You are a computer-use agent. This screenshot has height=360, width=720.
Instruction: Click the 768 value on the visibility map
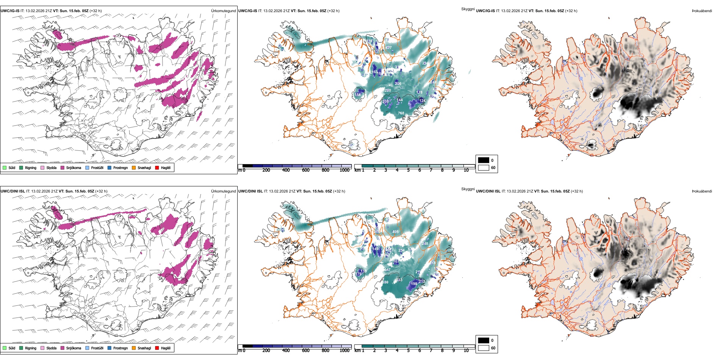pos(401,113)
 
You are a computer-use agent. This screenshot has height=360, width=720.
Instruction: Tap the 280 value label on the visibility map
pos(388,91)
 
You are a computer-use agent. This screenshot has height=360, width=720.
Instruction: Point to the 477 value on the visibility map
pos(389,48)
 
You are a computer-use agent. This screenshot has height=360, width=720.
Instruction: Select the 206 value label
pos(398,84)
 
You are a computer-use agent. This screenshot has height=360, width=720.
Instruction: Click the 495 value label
pos(395,232)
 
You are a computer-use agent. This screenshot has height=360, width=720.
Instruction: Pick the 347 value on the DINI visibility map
pos(387,270)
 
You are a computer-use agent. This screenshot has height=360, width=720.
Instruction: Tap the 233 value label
pos(399,280)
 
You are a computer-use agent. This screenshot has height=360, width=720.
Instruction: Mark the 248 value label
pos(425,244)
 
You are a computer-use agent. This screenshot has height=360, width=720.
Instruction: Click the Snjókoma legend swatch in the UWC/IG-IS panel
pos(63,168)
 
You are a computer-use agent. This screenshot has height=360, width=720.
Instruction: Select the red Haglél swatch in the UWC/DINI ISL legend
pos(157,348)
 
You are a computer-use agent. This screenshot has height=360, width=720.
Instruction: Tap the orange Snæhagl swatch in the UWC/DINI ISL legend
pos(134,348)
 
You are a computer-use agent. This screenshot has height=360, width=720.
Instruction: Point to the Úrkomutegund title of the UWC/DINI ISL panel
pos(223,191)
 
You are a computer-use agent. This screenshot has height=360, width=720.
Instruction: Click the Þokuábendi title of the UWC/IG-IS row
pos(702,11)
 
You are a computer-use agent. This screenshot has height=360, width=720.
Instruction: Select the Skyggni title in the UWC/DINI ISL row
pos(468,189)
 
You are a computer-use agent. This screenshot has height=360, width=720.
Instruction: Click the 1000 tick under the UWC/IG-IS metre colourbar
pos(344,171)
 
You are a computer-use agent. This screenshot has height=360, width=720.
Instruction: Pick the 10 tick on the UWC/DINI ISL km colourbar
pos(466,351)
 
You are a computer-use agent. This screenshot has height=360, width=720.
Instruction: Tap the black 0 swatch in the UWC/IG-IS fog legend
pos(484,160)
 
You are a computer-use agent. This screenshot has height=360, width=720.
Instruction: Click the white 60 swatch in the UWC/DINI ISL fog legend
pos(484,348)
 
